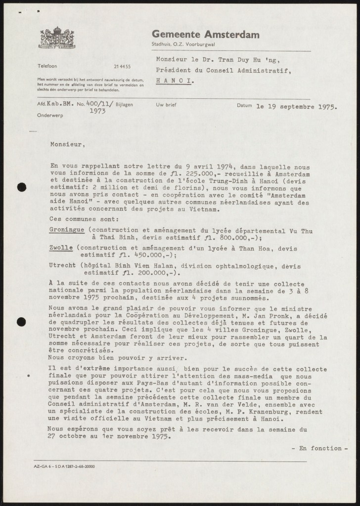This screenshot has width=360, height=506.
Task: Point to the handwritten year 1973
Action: coord(98,112)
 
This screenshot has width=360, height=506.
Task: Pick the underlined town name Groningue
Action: coord(68,230)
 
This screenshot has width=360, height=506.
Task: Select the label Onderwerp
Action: coord(47,114)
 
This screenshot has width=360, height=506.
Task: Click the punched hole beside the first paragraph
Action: coord(21,187)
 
